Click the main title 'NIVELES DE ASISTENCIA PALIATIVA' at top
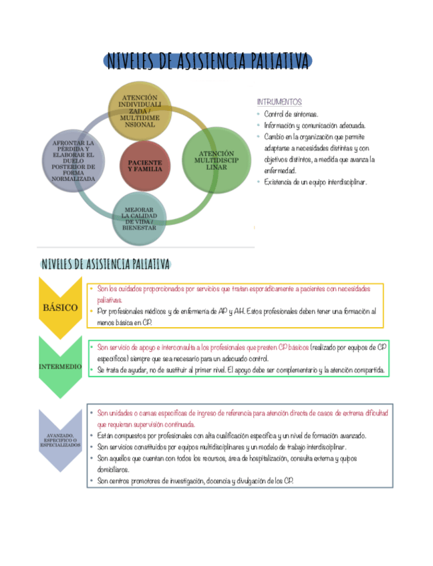(207, 61)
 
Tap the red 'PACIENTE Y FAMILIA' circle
(144, 166)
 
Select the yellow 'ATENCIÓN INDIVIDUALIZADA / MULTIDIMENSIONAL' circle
(140, 111)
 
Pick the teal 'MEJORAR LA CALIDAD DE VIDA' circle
(139, 218)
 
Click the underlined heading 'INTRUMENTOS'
(279, 102)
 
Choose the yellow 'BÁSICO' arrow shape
(60, 308)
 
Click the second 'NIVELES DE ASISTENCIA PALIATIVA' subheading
(106, 264)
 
